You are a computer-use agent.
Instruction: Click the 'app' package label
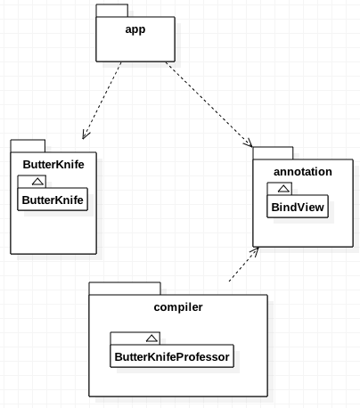(136, 27)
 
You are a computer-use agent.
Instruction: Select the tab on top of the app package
(111, 11)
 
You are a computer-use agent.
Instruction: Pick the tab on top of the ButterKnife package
(28, 145)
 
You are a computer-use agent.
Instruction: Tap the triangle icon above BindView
(282, 189)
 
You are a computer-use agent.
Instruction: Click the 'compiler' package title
(178, 307)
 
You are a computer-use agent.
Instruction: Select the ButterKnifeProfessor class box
(170, 357)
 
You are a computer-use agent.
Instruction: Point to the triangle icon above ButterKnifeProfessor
(151, 338)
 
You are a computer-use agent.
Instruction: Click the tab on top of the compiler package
(124, 288)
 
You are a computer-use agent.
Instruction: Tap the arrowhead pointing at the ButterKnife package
(86, 135)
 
